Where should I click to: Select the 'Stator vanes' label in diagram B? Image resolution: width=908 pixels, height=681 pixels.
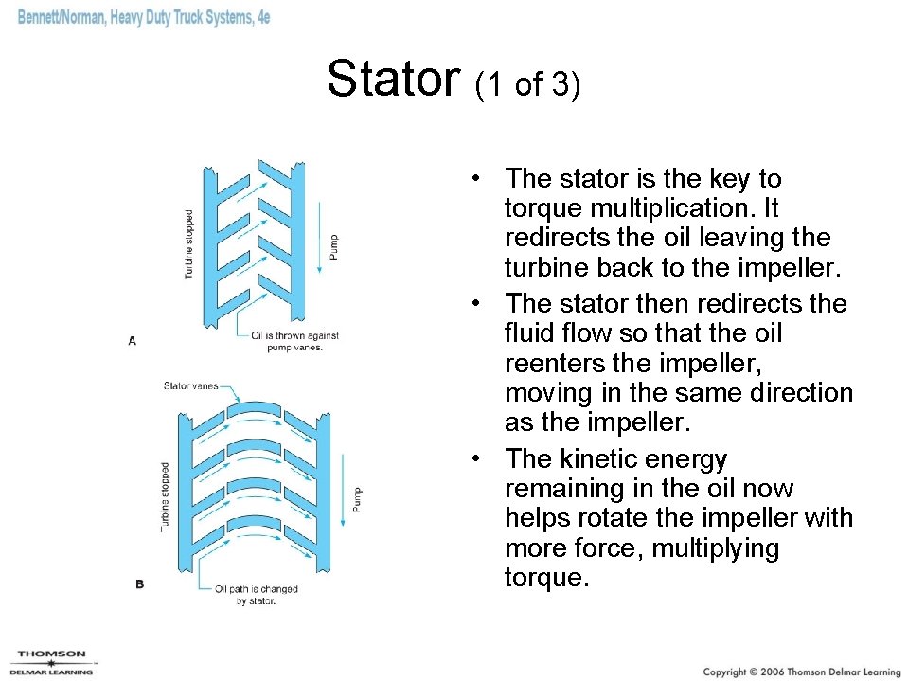tap(190, 385)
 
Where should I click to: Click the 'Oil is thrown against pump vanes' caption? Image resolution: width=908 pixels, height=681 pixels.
tap(294, 341)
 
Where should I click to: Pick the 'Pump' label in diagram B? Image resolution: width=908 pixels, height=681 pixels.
tap(356, 498)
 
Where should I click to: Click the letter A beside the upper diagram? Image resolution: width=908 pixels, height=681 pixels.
tap(132, 340)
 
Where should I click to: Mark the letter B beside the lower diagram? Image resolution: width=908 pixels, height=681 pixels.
tap(139, 584)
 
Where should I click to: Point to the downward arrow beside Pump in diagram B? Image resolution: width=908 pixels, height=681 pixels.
tap(343, 493)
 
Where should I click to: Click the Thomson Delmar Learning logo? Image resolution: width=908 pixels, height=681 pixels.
tap(51, 662)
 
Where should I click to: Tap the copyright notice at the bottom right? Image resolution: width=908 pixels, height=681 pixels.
tap(801, 671)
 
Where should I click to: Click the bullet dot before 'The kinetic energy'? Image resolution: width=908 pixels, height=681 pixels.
tap(482, 459)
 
